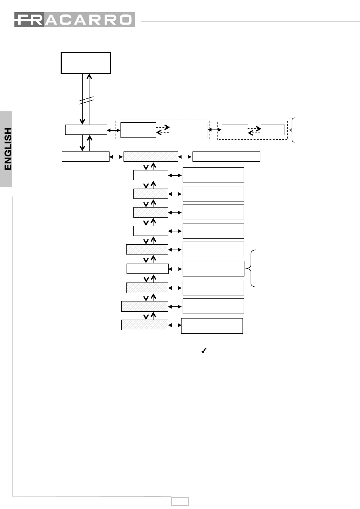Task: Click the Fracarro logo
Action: [75, 20]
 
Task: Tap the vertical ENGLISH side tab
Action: [6, 149]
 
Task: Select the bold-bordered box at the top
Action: [86, 63]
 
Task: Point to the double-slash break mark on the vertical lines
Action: [86, 100]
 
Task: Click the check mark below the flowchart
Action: [203, 351]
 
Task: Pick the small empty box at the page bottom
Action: [180, 501]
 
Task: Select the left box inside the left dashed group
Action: [138, 130]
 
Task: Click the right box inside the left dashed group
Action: [189, 130]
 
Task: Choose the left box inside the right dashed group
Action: [235, 130]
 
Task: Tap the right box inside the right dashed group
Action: [272, 130]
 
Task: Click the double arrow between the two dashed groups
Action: [215, 130]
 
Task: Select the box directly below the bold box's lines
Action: [86, 130]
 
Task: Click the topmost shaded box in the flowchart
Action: [150, 156]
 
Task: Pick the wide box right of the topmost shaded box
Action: [226, 156]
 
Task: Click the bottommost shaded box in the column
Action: [144, 325]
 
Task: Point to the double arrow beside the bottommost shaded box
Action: [175, 325]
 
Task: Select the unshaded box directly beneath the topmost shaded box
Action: [150, 175]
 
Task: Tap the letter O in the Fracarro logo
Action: [125, 20]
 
